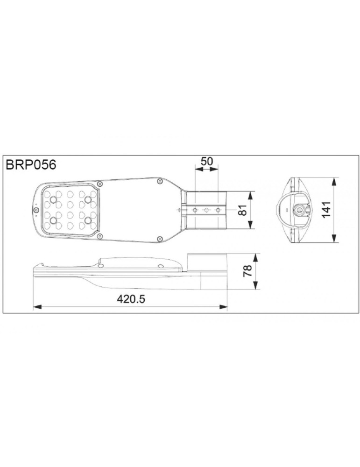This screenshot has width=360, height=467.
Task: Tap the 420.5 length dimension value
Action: (131, 299)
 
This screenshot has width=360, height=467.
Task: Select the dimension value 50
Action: (206, 161)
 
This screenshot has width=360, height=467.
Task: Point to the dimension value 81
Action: (241, 210)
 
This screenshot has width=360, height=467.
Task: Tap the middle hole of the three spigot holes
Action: (205, 210)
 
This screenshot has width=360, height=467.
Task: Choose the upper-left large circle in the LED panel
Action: (53, 200)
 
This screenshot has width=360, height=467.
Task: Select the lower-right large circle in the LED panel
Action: (87, 219)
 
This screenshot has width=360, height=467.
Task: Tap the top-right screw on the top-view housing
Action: (160, 180)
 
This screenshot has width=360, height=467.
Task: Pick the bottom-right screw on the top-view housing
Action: (160, 239)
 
